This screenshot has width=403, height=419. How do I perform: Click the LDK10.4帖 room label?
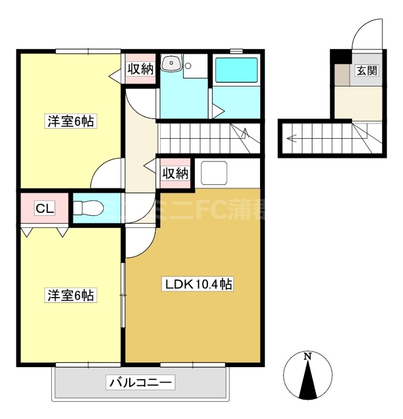pos(199,284)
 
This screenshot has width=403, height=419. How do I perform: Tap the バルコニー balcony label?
pos(140,383)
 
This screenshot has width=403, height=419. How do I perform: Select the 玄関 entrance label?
pos(367,71)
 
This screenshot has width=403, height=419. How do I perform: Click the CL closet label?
pos(44,208)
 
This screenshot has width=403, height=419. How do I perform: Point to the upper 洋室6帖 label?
pos(71,122)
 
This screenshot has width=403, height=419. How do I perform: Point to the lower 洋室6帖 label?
pos(71,295)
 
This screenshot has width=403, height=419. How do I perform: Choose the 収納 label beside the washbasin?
pos(140,69)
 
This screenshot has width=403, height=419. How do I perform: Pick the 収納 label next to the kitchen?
pos(175,173)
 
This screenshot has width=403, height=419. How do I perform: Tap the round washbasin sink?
pos(171,64)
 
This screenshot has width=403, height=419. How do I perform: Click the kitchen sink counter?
pos(215,172)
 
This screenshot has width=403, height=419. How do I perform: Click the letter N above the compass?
pos(308,357)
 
